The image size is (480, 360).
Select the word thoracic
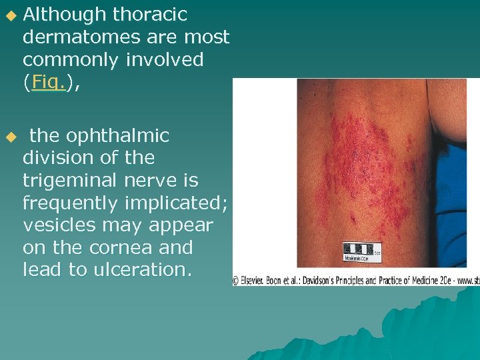tap(151, 15)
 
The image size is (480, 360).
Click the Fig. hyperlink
tap(49, 83)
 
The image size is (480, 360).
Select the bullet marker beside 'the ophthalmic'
tap(9, 137)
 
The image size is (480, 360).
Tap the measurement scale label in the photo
tap(363, 253)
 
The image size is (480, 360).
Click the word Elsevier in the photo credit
tap(255, 281)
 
